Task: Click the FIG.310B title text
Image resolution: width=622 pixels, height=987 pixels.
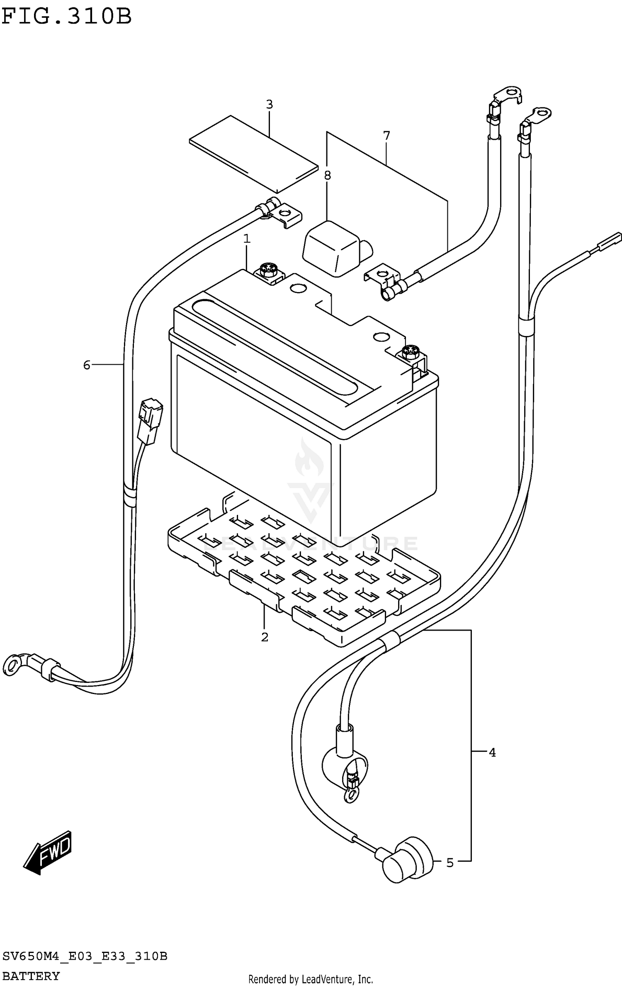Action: (66, 17)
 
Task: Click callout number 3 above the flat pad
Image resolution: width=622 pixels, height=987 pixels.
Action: (269, 105)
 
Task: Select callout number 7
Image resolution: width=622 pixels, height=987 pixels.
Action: (386, 136)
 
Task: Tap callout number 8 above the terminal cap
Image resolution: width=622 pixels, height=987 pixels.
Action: (327, 175)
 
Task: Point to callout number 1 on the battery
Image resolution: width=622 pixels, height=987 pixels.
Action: (247, 239)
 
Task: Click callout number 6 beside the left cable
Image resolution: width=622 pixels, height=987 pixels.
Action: (87, 365)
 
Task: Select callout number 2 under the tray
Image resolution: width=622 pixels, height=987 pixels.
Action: (265, 637)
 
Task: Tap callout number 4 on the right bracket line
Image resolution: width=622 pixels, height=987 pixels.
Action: (492, 752)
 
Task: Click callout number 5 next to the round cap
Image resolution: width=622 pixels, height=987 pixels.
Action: (450, 863)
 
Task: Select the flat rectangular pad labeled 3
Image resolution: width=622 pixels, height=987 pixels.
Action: (254, 154)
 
